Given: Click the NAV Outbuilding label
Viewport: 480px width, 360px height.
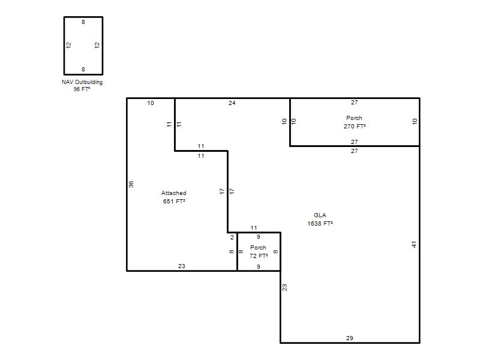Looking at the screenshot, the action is [x=82, y=82].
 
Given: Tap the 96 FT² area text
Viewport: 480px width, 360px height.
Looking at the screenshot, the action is [x=82, y=89].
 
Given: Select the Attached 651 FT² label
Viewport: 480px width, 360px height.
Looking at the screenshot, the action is [x=174, y=197].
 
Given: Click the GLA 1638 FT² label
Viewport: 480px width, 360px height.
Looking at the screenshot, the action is [x=320, y=219].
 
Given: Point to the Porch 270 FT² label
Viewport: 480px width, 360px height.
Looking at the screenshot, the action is [x=355, y=122].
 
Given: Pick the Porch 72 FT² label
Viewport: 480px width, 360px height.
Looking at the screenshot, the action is [x=259, y=251].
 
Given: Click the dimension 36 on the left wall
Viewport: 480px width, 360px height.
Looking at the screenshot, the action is [x=131, y=184].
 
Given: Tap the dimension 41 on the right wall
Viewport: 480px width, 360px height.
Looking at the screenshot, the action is [x=414, y=244].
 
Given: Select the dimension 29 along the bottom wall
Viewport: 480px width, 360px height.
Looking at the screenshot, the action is [x=350, y=338].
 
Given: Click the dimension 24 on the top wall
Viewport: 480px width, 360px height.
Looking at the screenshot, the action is [x=232, y=103].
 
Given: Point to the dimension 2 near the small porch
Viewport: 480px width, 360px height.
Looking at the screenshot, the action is [x=232, y=237].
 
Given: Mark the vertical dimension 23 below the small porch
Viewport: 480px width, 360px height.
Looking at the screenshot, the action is [x=284, y=287].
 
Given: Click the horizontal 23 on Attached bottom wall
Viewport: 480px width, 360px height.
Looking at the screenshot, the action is [x=182, y=266].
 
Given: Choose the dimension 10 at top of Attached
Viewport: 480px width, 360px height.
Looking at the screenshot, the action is [x=151, y=103].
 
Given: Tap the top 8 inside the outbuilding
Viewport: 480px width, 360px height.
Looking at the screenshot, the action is [x=83, y=22].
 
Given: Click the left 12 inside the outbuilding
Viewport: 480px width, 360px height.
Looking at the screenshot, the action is [x=68, y=45].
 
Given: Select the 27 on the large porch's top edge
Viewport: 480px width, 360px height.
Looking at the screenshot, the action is [x=355, y=102].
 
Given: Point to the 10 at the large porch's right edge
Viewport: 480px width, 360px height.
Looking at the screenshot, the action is [x=415, y=121].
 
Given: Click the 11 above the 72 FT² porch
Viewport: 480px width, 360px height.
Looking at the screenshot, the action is [x=254, y=228].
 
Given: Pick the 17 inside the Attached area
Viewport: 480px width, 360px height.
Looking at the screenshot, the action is [x=222, y=191].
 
